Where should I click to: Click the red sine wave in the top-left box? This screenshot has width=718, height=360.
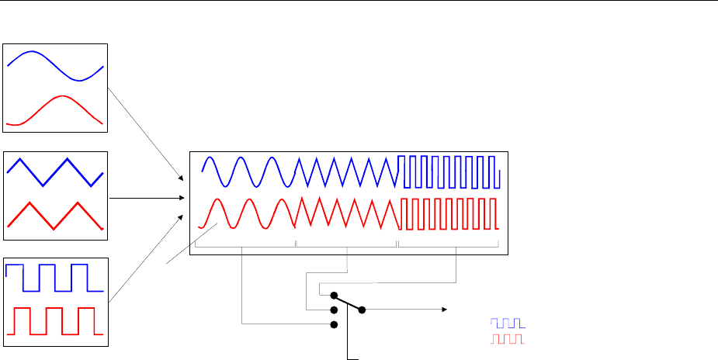coord(62,96)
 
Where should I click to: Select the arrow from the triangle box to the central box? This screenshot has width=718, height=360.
coord(147,199)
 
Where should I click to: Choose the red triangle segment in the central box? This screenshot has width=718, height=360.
coord(346,210)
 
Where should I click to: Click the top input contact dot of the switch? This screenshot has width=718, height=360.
coord(334,296)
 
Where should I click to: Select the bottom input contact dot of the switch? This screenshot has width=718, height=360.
coord(334,324)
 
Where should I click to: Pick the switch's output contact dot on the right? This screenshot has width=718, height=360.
coord(362,310)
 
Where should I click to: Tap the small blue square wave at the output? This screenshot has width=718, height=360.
coord(507,322)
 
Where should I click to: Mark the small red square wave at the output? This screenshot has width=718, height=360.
coord(507,339)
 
